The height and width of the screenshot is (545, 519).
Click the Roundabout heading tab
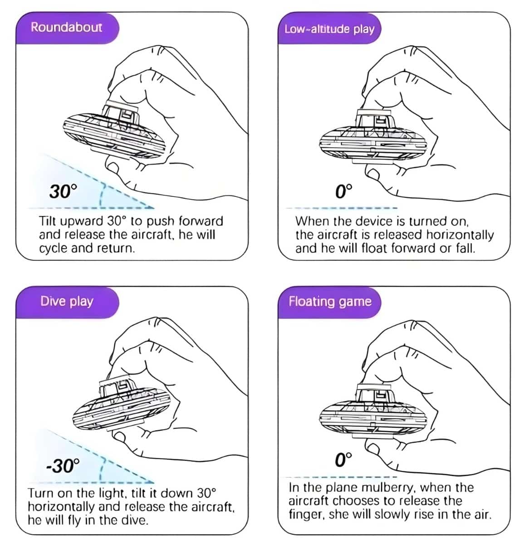click(67, 28)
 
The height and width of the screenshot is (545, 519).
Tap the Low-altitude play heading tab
click(329, 28)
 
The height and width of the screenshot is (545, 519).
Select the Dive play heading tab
click(67, 302)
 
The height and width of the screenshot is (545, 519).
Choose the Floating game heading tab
click(329, 302)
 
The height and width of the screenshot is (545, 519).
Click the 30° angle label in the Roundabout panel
click(63, 191)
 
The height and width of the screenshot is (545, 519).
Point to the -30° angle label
click(63, 466)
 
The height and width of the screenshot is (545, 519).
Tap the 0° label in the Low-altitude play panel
click(343, 191)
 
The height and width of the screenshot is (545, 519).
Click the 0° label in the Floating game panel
click(343, 459)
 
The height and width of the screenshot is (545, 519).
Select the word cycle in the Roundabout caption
click(54, 248)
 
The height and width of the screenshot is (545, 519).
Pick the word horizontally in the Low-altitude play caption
click(460, 235)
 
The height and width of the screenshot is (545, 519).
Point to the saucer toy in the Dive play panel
click(122, 406)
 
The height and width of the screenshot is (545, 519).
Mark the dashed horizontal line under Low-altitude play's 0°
click(341, 208)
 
